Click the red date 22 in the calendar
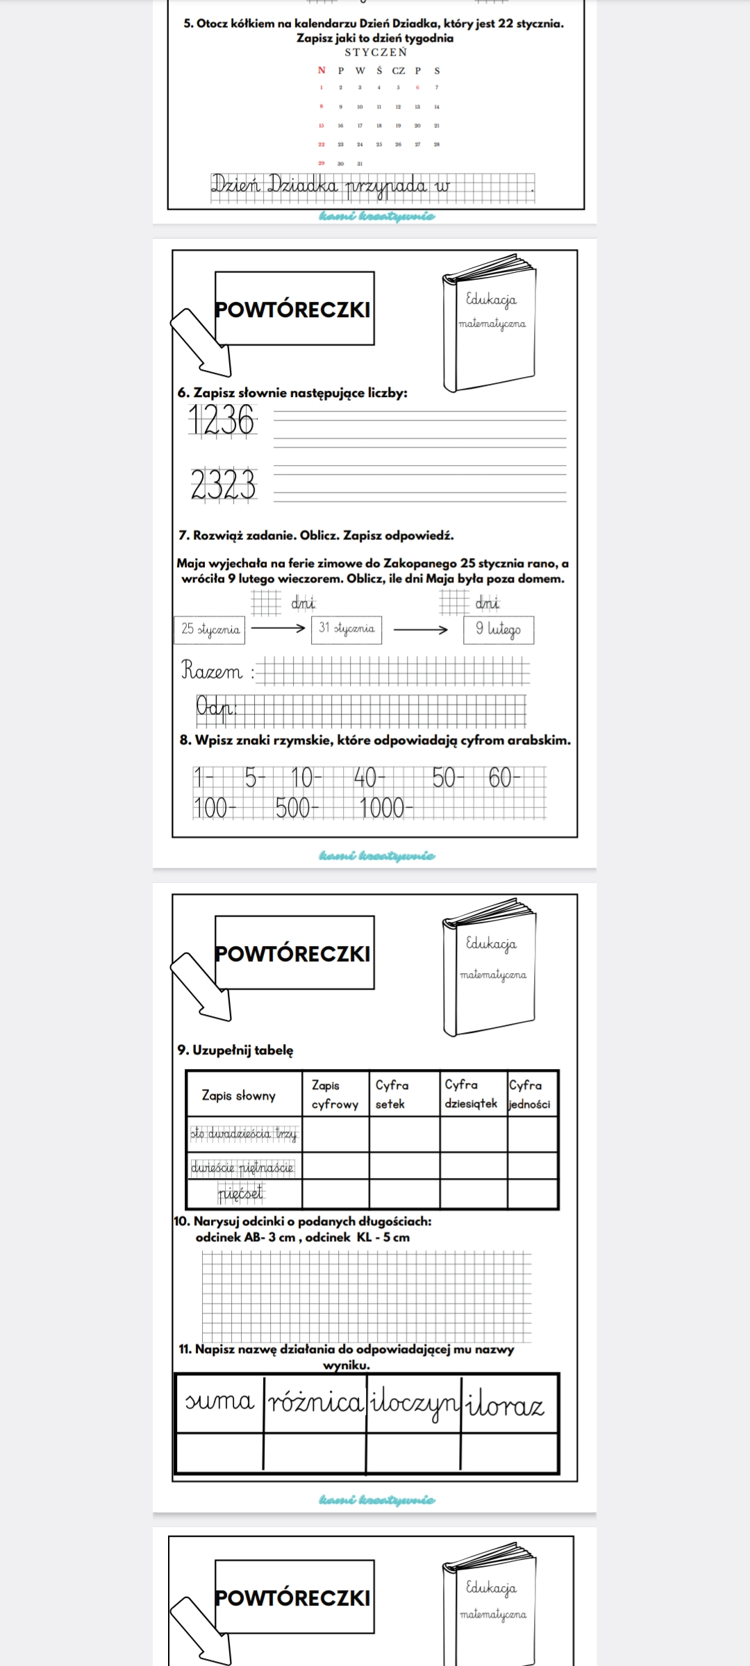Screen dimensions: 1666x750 coord(322,144)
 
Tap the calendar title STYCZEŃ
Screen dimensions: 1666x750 coord(376,52)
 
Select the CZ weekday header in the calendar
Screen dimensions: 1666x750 coord(399,70)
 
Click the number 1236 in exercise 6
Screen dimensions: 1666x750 coord(223,421)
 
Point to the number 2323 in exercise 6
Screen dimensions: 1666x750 coord(224,485)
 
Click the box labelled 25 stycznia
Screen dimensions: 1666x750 coord(210,629)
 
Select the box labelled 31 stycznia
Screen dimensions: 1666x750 coord(347,629)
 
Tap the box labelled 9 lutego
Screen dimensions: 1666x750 coord(499,630)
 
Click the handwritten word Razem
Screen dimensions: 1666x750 coord(212,671)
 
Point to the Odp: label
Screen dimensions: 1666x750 coord(216,707)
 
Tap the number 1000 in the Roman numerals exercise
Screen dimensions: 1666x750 coord(383,808)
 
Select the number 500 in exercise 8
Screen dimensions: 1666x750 coord(295,808)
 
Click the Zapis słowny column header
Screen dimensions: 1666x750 coord(239,1095)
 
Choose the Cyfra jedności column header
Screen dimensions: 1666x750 coord(530,1094)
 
